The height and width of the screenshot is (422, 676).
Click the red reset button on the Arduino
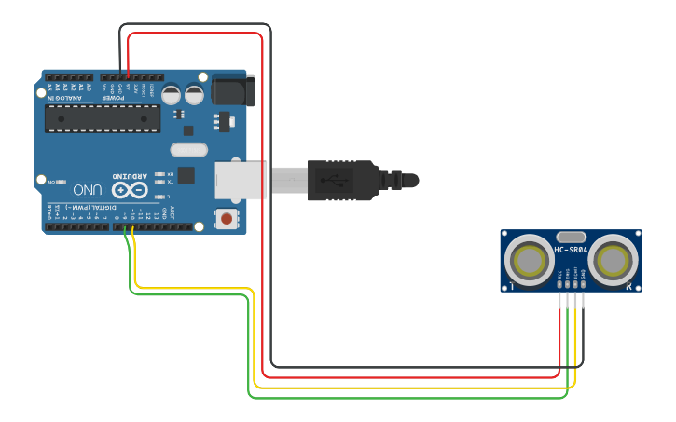(226, 219)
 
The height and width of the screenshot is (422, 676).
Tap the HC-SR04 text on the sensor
(571, 250)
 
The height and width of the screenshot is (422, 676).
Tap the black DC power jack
(231, 89)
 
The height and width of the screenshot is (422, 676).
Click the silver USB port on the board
(238, 180)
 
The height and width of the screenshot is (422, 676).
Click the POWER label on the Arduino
(113, 97)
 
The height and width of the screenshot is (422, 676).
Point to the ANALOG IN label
(65, 97)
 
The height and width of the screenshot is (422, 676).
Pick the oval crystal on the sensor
(571, 238)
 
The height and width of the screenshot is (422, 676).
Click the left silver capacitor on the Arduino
(172, 94)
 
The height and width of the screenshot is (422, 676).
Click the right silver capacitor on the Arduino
(194, 94)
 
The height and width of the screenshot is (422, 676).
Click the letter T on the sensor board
(511, 286)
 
